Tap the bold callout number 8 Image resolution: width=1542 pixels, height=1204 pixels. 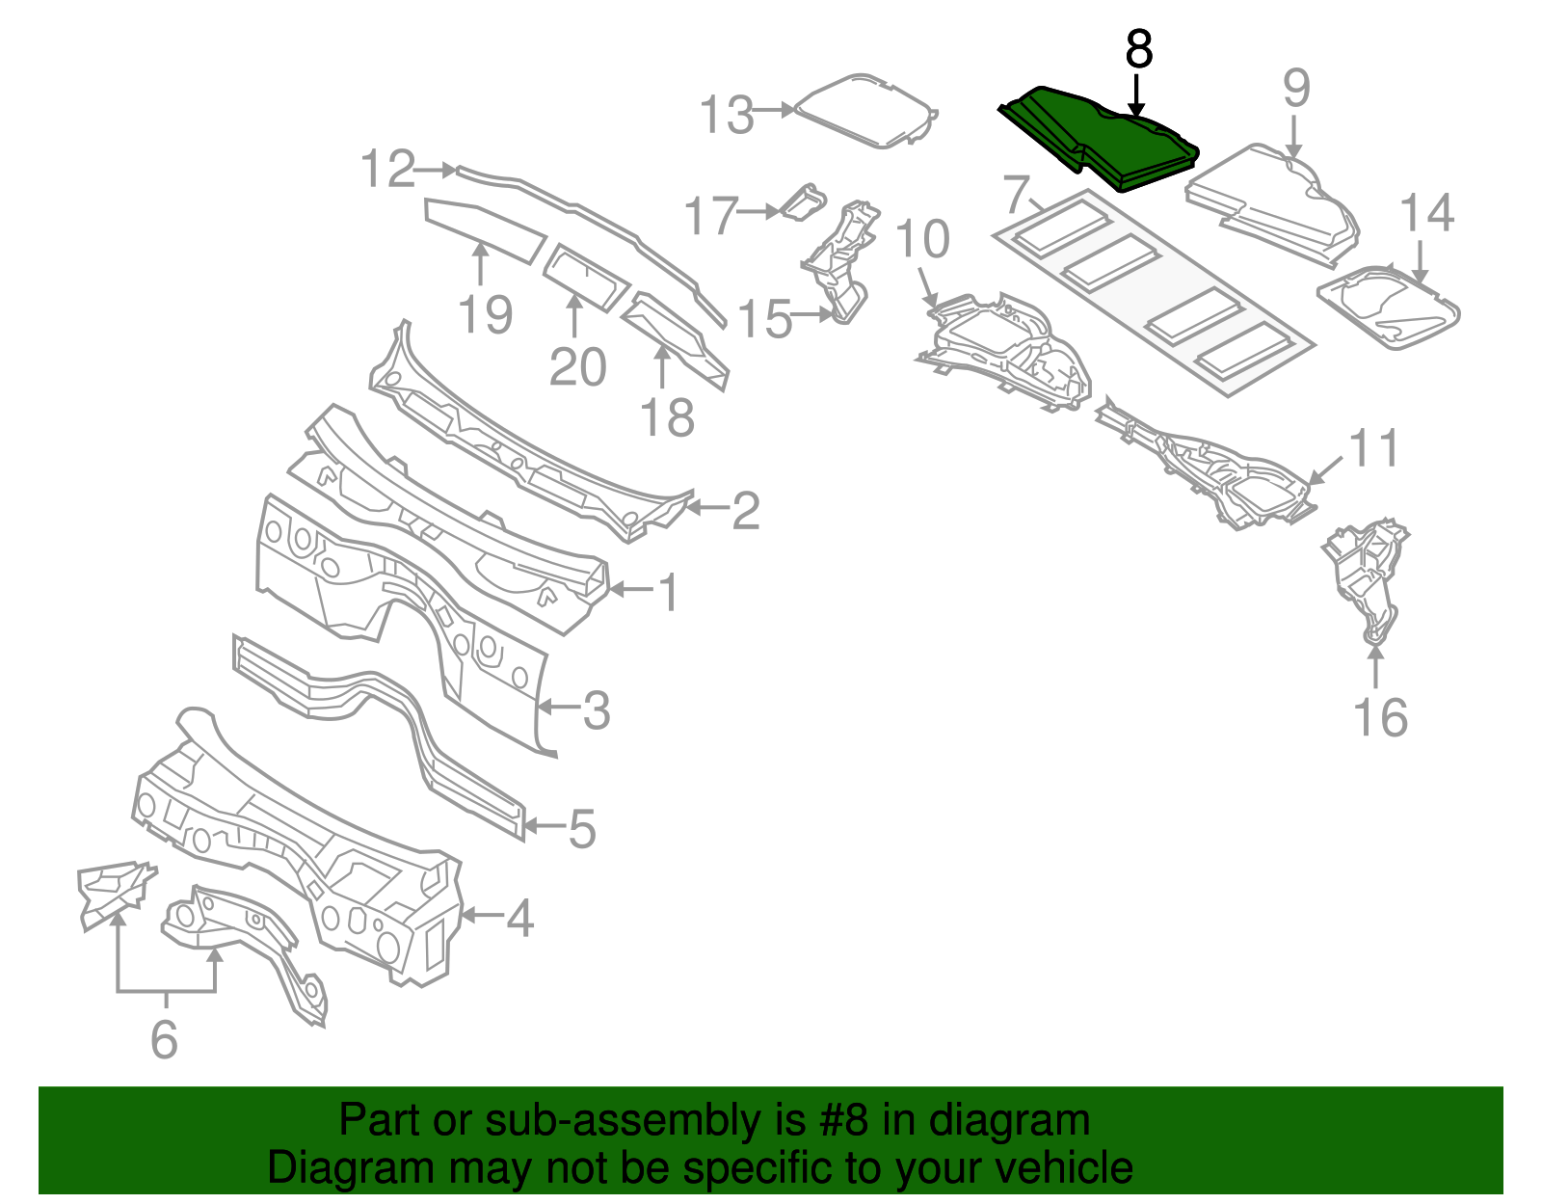click(1139, 49)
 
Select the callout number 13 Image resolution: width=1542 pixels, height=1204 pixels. click(726, 115)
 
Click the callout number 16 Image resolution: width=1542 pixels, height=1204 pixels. click(1380, 718)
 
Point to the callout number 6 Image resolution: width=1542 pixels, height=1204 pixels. click(165, 1039)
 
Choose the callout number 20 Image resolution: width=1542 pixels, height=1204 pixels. click(577, 367)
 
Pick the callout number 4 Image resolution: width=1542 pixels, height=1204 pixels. click(520, 918)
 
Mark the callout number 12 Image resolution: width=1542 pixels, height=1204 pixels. click(387, 169)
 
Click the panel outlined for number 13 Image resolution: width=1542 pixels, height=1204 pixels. click(864, 110)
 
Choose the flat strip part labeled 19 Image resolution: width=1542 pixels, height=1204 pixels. click(485, 228)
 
